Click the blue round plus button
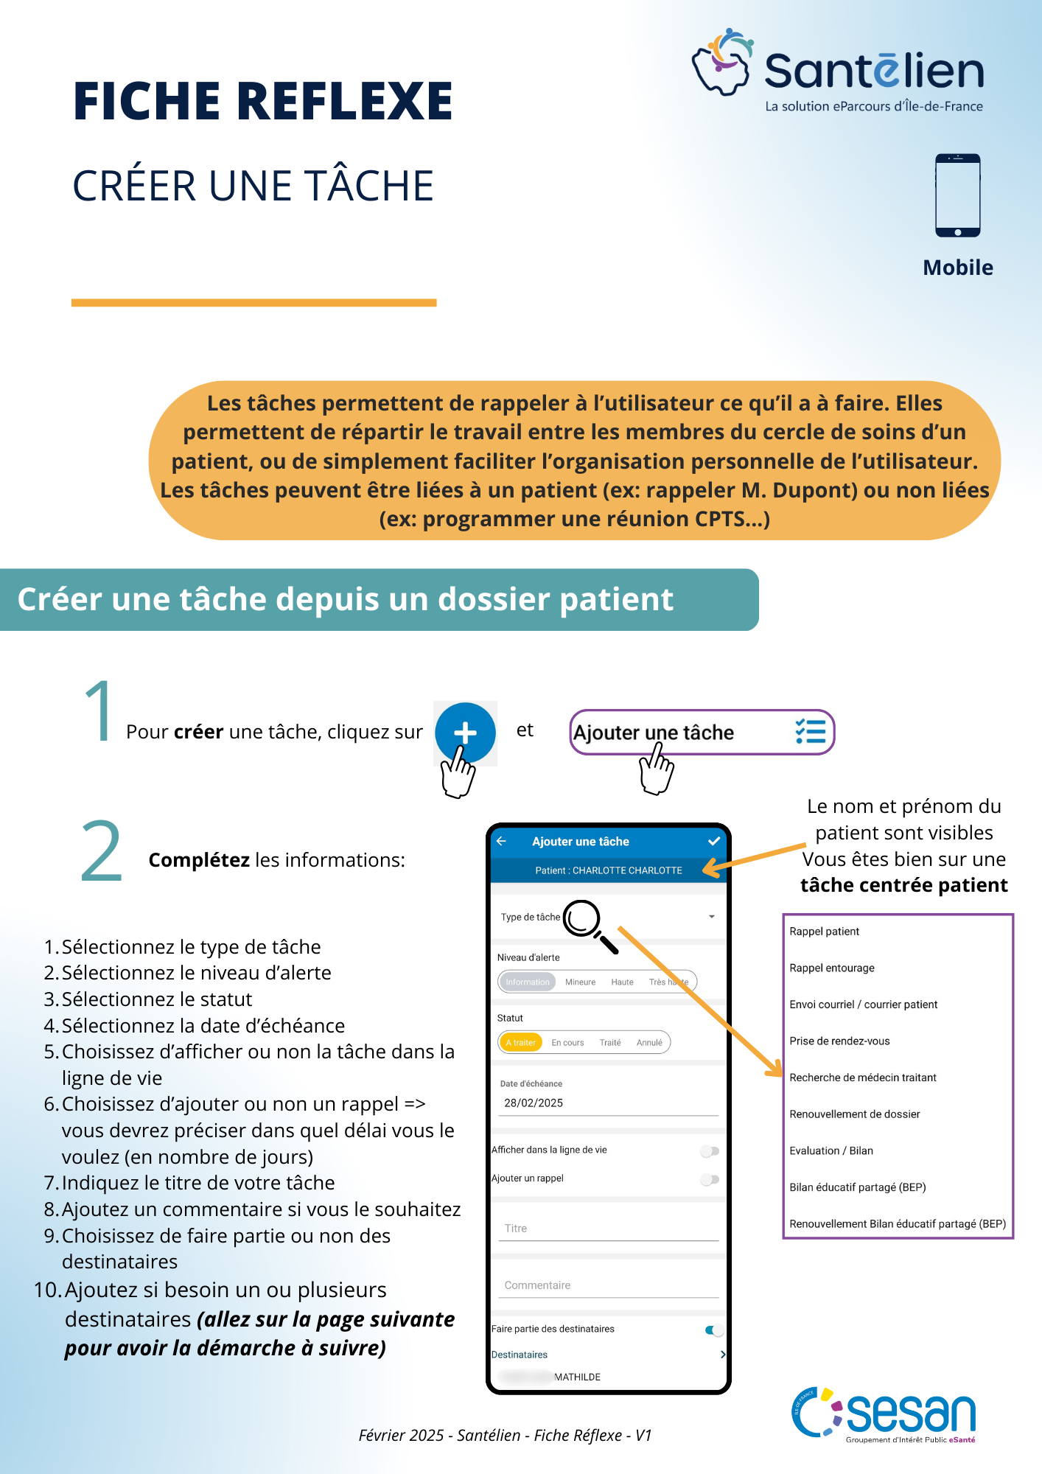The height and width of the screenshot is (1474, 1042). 465,733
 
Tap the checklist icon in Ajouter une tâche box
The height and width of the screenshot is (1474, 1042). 810,732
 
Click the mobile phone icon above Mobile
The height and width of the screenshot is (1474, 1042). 957,195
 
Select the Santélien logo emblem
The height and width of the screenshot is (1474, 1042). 721,63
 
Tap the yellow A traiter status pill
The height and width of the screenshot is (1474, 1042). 521,1042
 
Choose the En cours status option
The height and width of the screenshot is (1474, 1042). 567,1042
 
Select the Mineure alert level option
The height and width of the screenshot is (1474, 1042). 580,982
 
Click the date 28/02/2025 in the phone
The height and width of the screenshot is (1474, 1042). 534,1103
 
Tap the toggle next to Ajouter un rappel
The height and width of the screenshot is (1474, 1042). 710,1179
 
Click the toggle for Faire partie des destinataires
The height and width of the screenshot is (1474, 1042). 713,1330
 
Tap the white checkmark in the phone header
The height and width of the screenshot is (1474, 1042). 713,841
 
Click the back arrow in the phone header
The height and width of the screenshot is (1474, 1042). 502,841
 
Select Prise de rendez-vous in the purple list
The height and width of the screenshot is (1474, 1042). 839,1041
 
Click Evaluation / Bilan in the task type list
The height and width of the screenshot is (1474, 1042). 831,1150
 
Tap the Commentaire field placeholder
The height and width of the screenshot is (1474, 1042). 537,1285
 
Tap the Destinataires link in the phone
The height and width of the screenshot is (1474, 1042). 520,1355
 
